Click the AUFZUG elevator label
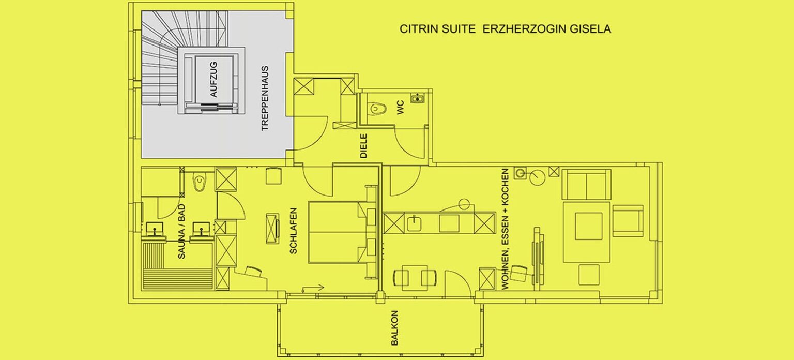point(213,80)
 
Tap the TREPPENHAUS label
point(265,98)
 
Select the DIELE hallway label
point(364,146)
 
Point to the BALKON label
point(394,328)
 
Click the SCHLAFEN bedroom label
point(294,231)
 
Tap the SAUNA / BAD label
point(181,231)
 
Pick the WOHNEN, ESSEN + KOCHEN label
point(505,229)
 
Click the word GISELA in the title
point(590,29)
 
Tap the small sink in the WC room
point(418,98)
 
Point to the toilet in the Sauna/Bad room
point(200,182)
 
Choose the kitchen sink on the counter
point(414,223)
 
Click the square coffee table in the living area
point(588,226)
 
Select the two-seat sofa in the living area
point(587,185)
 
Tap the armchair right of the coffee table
point(628,221)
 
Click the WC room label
point(400,108)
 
